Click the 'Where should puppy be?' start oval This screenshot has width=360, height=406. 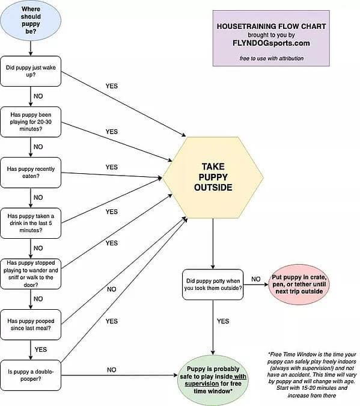(x=31, y=20)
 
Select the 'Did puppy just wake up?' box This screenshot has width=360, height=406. (x=31, y=71)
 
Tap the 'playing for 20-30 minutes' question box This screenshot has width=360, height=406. (x=31, y=121)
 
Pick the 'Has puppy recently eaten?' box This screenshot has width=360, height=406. (x=31, y=173)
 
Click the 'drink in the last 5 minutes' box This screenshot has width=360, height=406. (x=31, y=223)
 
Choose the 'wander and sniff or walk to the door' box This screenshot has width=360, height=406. (x=31, y=274)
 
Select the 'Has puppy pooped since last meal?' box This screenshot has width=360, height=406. (x=31, y=324)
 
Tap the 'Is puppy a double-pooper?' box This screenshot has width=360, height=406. (x=31, y=375)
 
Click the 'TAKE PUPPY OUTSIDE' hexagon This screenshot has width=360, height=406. (x=213, y=177)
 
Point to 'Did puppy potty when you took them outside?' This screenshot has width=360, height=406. (x=213, y=285)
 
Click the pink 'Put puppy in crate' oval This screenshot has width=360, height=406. (x=299, y=285)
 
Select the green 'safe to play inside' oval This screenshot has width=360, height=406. (x=213, y=380)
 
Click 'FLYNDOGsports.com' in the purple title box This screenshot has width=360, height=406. (x=271, y=43)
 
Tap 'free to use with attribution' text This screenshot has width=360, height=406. (x=272, y=58)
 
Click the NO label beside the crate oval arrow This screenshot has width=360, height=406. (x=255, y=279)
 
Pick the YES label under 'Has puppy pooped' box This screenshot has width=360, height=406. (x=41, y=349)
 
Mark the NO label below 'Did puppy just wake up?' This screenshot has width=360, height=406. (x=38, y=96)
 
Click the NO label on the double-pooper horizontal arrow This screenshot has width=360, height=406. (x=112, y=370)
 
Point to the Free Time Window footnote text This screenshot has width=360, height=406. (x=312, y=375)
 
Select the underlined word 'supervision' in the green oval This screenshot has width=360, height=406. (x=202, y=384)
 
